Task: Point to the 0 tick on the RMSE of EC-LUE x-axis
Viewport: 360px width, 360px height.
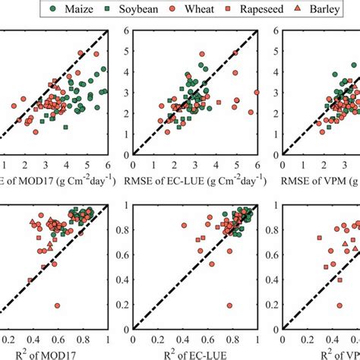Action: tap(134, 165)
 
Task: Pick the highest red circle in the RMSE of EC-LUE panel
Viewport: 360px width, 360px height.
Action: tap(201, 55)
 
